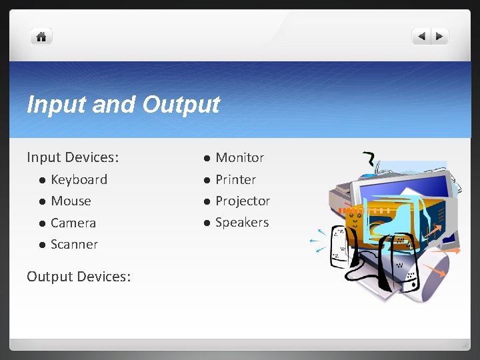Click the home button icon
(41, 37)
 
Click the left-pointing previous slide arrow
(421, 37)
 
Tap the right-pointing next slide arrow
(440, 37)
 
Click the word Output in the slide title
(181, 105)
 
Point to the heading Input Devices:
(73, 157)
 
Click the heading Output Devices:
(79, 276)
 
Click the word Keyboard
(79, 179)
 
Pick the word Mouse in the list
(71, 201)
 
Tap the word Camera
(73, 223)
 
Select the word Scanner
(74, 244)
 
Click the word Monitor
(239, 157)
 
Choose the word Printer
(235, 179)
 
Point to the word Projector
(243, 201)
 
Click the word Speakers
(242, 222)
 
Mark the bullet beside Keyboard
(41, 180)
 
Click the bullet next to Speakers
(207, 223)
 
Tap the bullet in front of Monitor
(207, 158)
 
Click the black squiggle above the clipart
(368, 159)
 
